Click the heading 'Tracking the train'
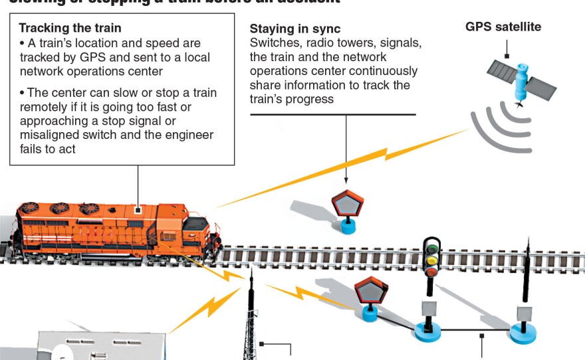click(70, 29)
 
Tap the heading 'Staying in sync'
click(294, 29)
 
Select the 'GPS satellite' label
click(503, 27)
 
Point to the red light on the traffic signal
click(432, 270)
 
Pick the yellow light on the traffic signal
click(432, 259)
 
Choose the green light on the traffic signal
click(432, 248)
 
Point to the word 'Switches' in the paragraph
click(271, 43)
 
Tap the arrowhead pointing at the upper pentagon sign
click(346, 180)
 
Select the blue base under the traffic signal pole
click(428, 330)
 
